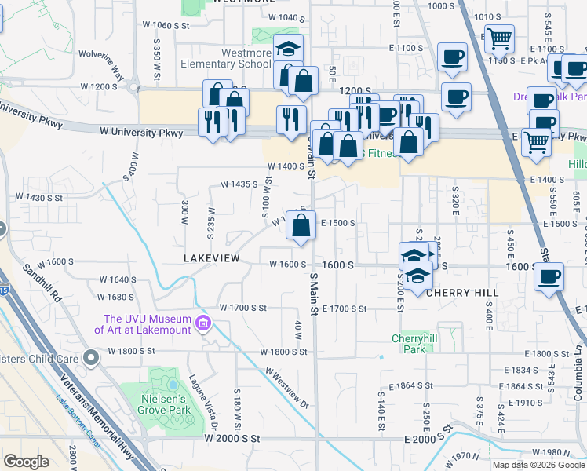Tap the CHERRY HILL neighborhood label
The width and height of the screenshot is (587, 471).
[462, 292]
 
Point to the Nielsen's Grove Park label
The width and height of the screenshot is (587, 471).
[165, 404]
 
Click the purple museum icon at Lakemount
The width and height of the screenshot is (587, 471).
[203, 323]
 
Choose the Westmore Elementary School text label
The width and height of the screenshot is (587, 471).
[224, 58]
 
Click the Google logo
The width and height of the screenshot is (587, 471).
[26, 461]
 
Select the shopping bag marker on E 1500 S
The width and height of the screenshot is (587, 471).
[301, 226]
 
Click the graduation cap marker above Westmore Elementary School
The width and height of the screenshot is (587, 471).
[288, 49]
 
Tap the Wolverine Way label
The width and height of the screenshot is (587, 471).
[107, 67]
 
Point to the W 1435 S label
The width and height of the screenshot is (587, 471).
[239, 184]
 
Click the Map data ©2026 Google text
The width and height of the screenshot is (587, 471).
[539, 465]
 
